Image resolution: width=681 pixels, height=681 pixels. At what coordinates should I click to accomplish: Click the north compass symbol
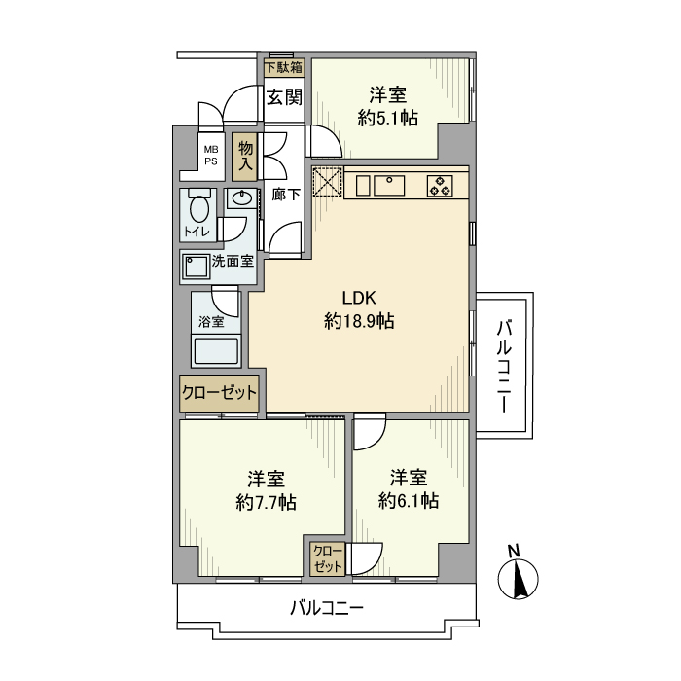(x=519, y=579)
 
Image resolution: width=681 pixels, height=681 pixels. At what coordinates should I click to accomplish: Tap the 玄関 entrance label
(x=283, y=97)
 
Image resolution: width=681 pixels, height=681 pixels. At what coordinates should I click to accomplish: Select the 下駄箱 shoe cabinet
(x=283, y=67)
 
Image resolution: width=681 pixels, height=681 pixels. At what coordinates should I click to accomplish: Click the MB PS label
(x=210, y=155)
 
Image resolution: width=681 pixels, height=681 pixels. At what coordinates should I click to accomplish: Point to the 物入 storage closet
(x=246, y=155)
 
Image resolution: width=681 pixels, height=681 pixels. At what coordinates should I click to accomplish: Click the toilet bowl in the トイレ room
(x=198, y=209)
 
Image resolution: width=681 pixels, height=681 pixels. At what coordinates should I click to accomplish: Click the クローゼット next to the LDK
(x=219, y=393)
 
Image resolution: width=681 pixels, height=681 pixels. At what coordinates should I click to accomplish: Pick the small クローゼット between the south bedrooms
(x=327, y=558)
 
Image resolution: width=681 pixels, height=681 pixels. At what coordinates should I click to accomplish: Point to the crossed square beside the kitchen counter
(x=327, y=182)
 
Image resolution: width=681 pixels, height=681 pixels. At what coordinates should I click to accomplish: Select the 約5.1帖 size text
(x=387, y=118)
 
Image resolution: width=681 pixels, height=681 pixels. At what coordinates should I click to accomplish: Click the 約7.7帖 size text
(x=266, y=503)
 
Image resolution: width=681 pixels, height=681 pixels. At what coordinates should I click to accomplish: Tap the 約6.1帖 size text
(x=409, y=501)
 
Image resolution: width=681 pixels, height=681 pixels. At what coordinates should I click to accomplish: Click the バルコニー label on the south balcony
(x=327, y=610)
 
